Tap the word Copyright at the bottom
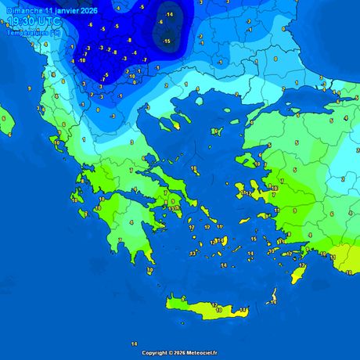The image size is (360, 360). click(x=154, y=353)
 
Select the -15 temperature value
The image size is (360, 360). click(x=166, y=40)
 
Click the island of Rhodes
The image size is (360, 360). click(x=301, y=272)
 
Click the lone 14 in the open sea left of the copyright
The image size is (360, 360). click(x=134, y=344)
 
